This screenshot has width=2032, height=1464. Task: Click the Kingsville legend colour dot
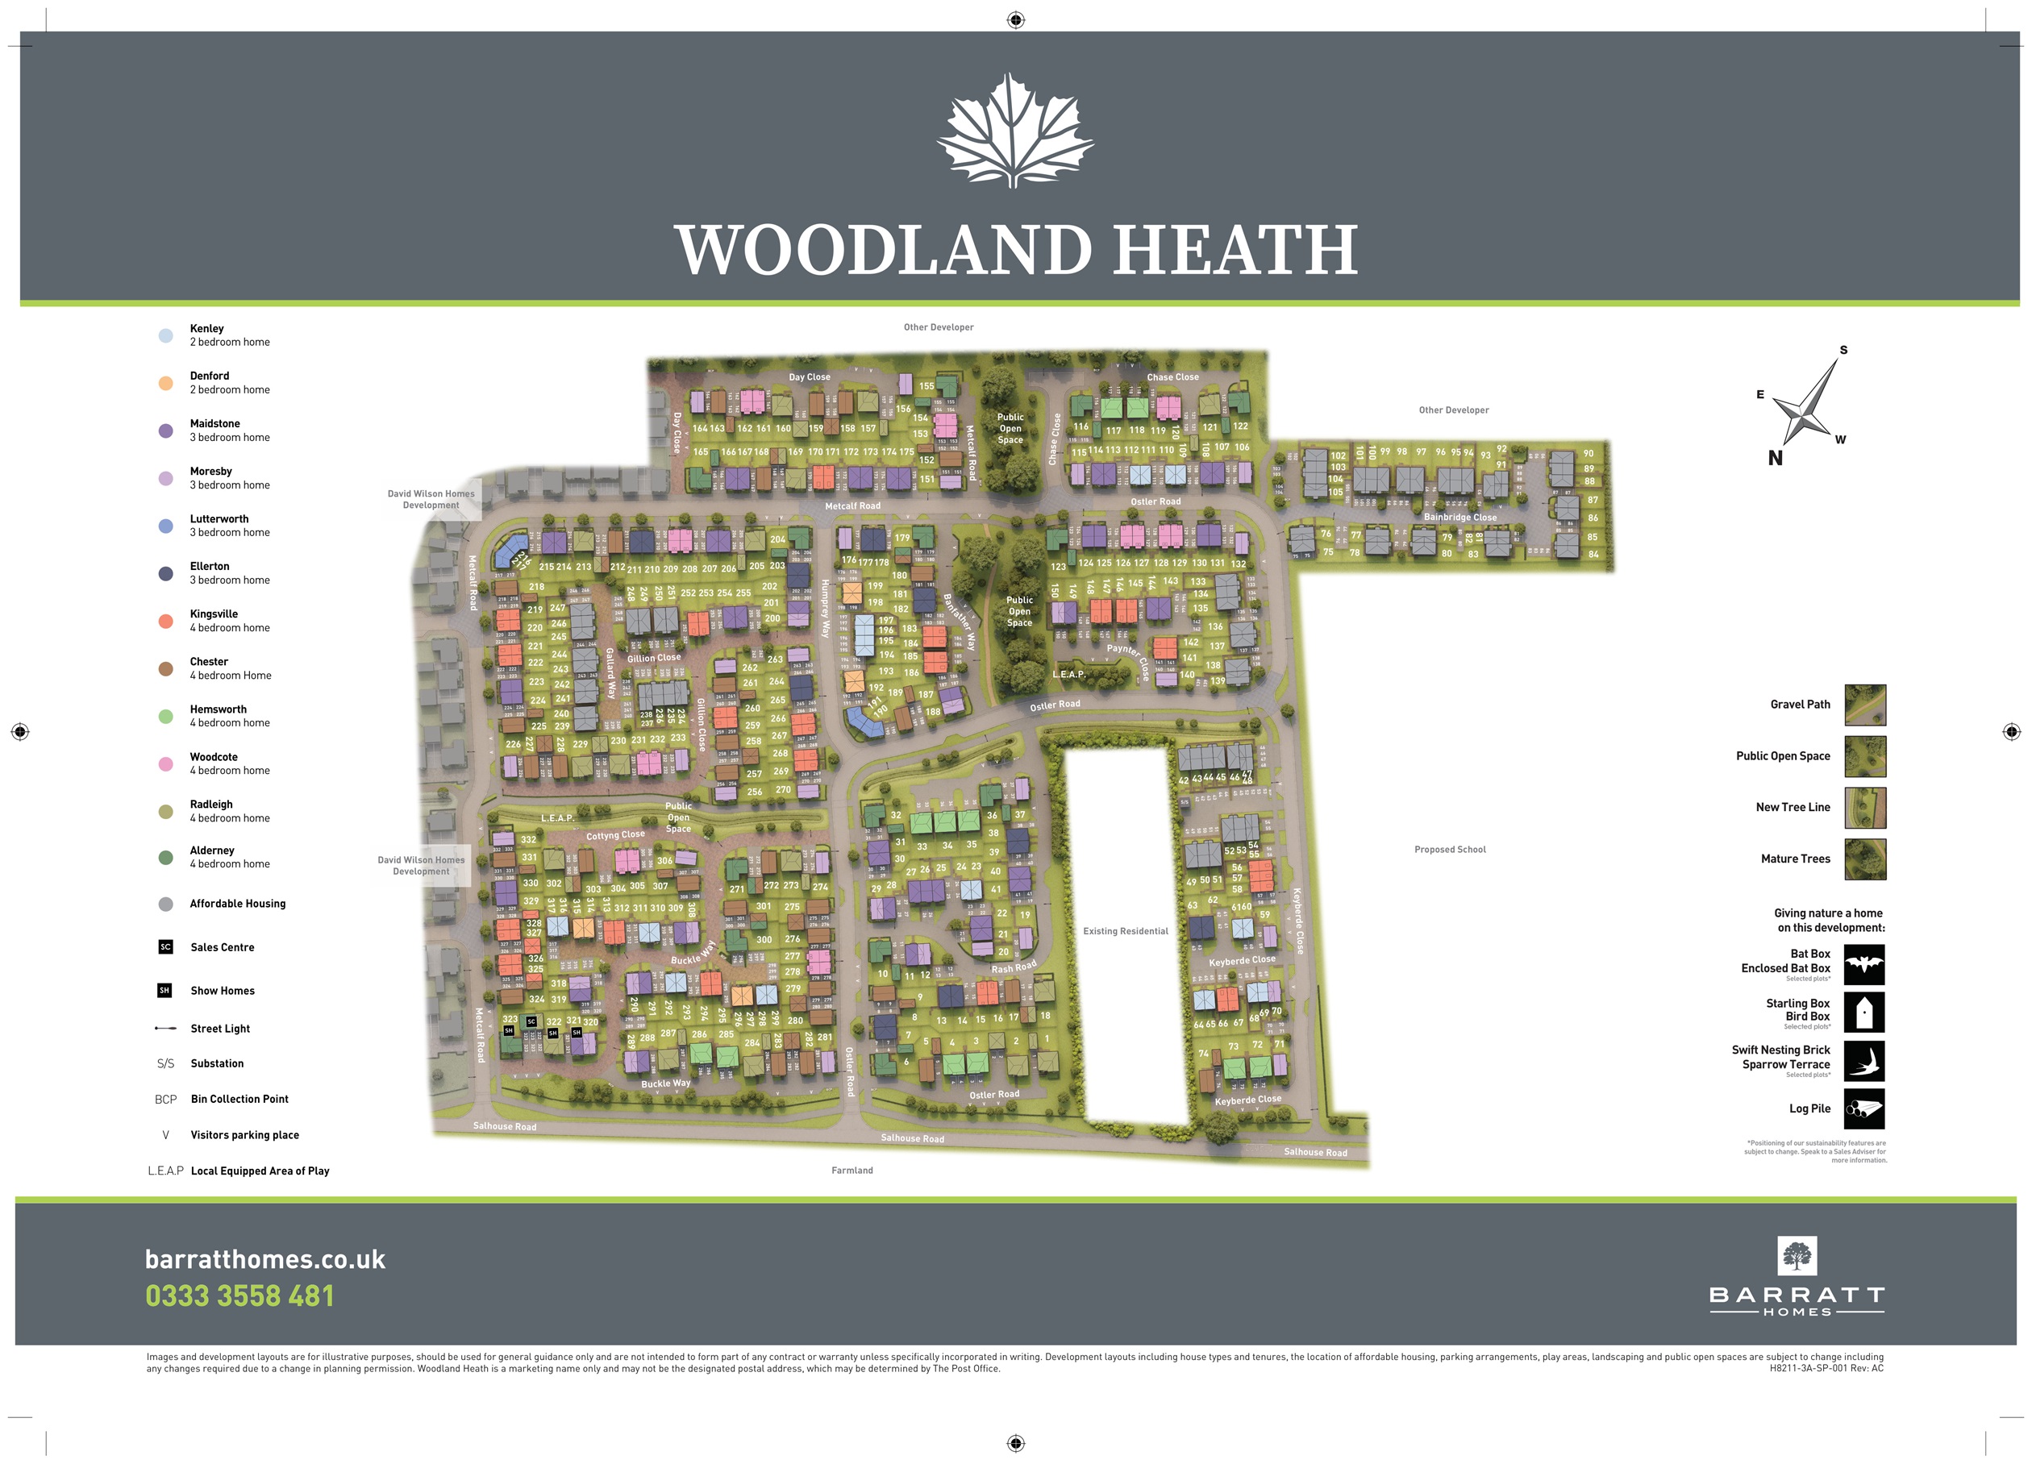click(166, 621)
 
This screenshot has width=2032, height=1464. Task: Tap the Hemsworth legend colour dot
click(166, 716)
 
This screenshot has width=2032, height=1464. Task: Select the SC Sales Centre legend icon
click(166, 947)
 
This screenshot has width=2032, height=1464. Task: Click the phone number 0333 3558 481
click(239, 1296)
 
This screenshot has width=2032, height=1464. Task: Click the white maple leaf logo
click(1015, 131)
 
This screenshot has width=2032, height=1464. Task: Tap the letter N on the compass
click(1775, 458)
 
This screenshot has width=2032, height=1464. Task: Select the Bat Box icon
click(1864, 965)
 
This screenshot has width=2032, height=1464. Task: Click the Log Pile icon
click(1864, 1108)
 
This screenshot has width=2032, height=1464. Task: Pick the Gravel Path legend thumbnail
click(1865, 705)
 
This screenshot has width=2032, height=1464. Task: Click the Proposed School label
click(1450, 850)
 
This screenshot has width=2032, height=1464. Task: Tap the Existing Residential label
click(1126, 931)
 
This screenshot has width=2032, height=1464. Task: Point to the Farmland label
click(852, 1170)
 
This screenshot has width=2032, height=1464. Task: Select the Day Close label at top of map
click(809, 377)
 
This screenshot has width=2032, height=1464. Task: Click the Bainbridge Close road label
click(1460, 517)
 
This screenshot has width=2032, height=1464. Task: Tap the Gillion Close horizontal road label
click(654, 658)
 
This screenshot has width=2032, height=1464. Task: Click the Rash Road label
click(1014, 967)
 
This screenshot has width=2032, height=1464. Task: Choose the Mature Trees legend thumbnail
click(1865, 859)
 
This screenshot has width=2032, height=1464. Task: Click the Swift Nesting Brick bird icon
click(1864, 1061)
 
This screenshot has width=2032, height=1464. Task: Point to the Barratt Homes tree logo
click(1797, 1256)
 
